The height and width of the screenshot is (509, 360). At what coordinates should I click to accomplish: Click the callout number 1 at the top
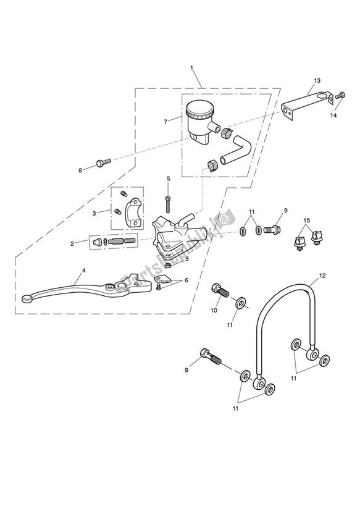pos(192,68)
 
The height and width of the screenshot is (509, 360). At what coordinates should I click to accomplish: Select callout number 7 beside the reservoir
pos(165,122)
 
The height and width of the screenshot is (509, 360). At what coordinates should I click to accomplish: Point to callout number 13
pos(317,81)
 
